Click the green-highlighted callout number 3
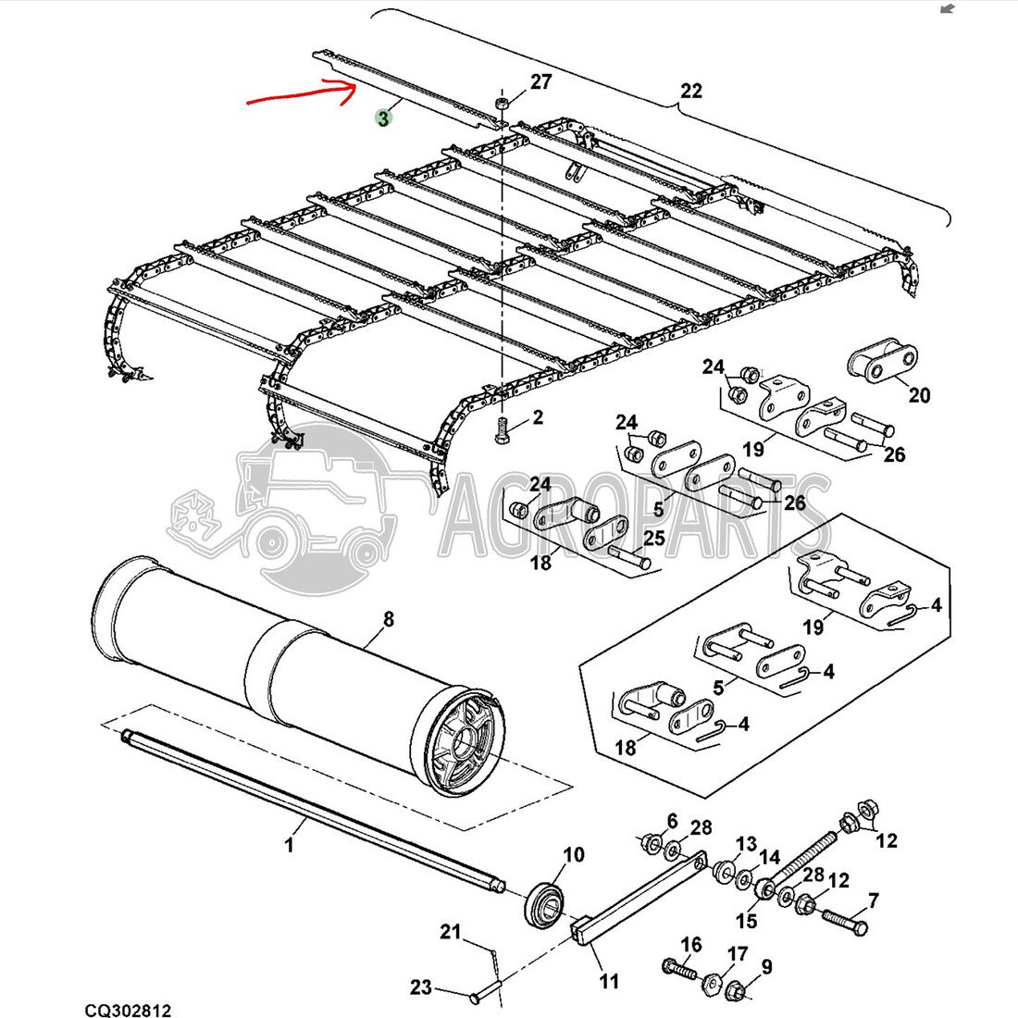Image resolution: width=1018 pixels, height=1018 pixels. tap(382, 118)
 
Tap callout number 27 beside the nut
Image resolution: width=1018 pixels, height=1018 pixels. tap(540, 82)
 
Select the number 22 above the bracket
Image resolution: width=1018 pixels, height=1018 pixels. tap(691, 91)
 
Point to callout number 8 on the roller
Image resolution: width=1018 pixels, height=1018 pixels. tap(388, 619)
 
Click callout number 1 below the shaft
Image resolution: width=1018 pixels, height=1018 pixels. tap(289, 845)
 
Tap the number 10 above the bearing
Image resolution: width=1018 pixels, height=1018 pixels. tap(574, 853)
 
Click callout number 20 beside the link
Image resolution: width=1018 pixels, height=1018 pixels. tap(918, 394)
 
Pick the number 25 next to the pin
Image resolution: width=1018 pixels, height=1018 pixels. tap(654, 538)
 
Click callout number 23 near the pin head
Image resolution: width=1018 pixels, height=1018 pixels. tap(421, 987)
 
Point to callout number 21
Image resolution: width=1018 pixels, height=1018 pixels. tap(450, 932)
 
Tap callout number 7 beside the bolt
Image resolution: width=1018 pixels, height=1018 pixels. tap(873, 900)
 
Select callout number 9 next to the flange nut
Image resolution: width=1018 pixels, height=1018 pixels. tap(766, 968)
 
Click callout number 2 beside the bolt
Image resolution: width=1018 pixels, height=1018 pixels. tap(537, 418)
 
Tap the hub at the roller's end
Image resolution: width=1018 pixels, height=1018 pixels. tap(468, 739)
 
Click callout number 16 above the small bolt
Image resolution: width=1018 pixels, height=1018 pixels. tap(691, 944)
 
